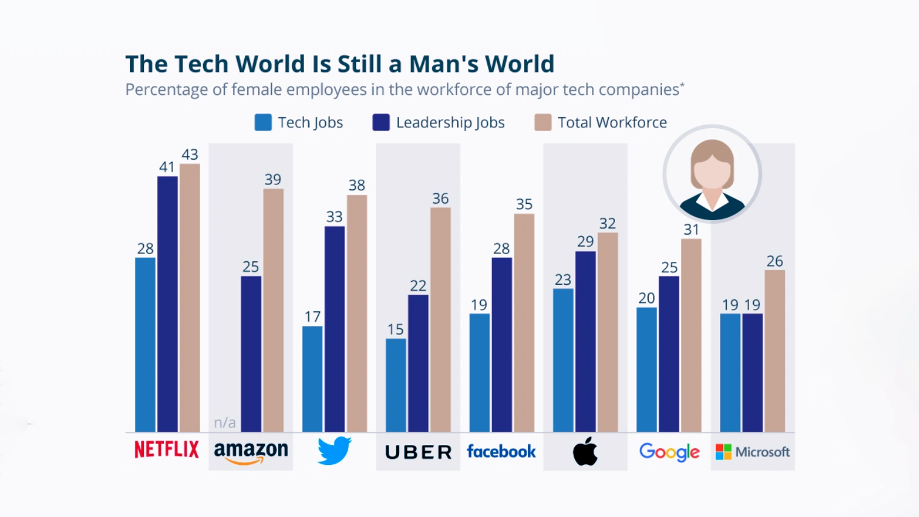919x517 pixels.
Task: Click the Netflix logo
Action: (166, 449)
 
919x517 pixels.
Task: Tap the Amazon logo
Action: (250, 452)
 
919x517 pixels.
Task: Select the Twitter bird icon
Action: (334, 450)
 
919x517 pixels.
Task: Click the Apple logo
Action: (585, 451)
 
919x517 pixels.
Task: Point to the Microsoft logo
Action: (752, 452)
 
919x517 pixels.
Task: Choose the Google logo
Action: (669, 452)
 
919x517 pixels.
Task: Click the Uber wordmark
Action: (418, 452)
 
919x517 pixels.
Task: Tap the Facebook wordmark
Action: (501, 451)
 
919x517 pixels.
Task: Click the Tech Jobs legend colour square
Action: (263, 122)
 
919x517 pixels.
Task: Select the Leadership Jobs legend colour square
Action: (381, 122)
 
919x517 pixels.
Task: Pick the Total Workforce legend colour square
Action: (543, 122)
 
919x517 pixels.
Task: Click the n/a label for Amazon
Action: (224, 423)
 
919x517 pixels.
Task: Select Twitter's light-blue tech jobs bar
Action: (313, 379)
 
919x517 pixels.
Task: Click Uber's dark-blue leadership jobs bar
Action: (418, 363)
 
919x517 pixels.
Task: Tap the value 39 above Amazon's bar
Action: (273, 180)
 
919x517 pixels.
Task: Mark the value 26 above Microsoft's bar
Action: (774, 261)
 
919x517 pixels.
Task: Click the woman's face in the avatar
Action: (712, 172)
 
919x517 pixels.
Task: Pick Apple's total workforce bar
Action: (608, 332)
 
